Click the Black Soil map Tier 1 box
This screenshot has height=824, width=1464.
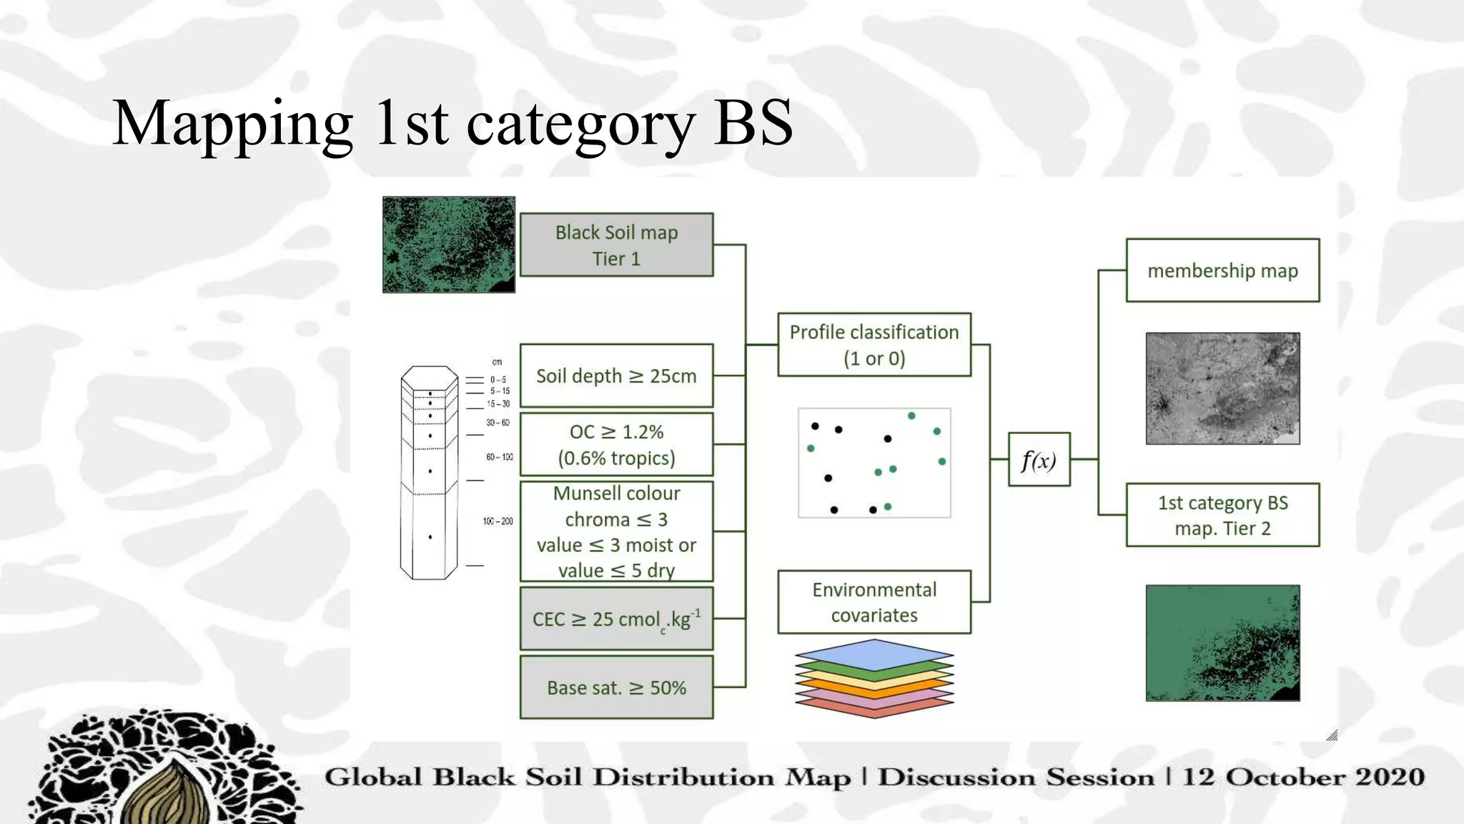[x=616, y=245]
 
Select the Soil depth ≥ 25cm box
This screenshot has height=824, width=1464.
[x=616, y=376]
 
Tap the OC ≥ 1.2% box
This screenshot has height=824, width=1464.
[x=616, y=444]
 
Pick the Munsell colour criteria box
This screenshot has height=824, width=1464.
[x=616, y=531]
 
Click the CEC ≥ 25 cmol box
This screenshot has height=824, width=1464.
[x=616, y=619]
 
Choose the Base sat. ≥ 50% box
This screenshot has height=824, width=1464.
[x=616, y=687]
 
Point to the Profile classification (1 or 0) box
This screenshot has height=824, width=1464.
[x=874, y=345]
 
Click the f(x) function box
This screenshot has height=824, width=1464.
[x=1039, y=460]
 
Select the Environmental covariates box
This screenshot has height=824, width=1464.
[x=874, y=602]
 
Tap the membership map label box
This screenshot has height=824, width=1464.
[x=1222, y=270]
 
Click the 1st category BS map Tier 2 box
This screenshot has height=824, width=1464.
[x=1222, y=515]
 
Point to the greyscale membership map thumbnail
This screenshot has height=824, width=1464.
[x=1222, y=388]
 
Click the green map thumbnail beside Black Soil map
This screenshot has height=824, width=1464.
[x=449, y=245]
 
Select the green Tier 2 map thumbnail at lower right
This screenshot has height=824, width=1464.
[x=1222, y=643]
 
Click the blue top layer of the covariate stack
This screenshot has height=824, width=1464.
[x=874, y=653]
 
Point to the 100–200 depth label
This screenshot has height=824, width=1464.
[x=498, y=521]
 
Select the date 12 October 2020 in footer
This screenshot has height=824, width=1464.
[x=1302, y=777]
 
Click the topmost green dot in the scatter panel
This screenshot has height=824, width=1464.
[x=911, y=416]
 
